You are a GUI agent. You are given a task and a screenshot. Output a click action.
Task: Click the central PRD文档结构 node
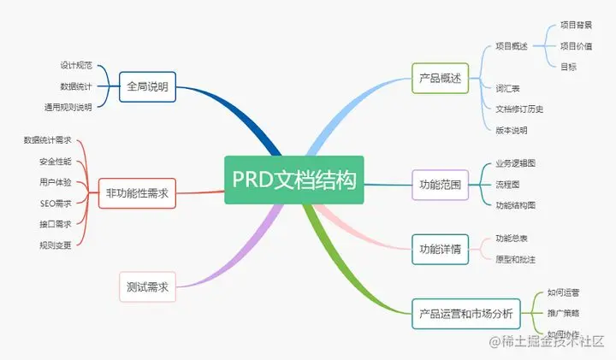click(294, 180)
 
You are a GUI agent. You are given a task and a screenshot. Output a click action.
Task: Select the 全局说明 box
click(147, 86)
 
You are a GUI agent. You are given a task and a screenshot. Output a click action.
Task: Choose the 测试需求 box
click(147, 287)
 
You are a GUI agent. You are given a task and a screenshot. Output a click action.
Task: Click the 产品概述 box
click(440, 78)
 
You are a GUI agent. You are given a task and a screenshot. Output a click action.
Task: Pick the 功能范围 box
click(440, 184)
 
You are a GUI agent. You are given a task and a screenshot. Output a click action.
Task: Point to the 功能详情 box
click(440, 249)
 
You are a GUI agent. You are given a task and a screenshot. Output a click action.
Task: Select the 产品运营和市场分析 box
click(465, 313)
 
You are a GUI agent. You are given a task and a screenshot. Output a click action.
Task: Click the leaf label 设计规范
click(76, 65)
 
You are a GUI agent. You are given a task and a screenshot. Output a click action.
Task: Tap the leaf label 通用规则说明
click(68, 107)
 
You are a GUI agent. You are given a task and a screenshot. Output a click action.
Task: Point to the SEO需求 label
click(56, 203)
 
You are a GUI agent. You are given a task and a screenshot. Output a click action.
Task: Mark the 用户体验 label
click(56, 182)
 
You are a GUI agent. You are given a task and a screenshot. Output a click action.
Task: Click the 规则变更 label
click(56, 245)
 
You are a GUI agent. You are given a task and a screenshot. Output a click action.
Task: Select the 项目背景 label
click(576, 25)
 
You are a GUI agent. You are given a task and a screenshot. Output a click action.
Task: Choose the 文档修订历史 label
click(519, 109)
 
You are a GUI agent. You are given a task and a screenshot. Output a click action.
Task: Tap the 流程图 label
click(507, 184)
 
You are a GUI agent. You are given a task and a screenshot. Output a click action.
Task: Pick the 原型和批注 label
click(516, 259)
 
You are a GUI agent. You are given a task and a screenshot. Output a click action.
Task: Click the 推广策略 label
click(562, 313)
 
